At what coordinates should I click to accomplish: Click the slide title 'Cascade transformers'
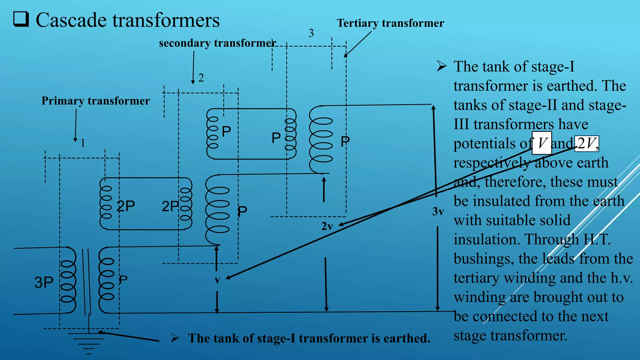pos(127,20)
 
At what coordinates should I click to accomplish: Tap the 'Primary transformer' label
pos(96,101)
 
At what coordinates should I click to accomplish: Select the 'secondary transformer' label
pos(217,43)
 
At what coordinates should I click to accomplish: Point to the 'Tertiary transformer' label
pos(390,23)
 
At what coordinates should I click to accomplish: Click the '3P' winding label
pos(44,282)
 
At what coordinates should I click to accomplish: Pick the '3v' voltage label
pos(438,212)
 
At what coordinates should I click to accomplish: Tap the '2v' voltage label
pos(327,226)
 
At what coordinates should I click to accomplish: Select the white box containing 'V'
pos(542,143)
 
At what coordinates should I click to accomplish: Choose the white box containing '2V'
pos(587,143)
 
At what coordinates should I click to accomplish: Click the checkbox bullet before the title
pos(21,19)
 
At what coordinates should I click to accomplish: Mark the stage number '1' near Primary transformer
pos(83,143)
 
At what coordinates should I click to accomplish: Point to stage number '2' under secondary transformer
pos(201,78)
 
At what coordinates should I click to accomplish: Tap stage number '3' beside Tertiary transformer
pos(311,33)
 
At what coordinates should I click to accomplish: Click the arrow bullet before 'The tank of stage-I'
pos(442,66)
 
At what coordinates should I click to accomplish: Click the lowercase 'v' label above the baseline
pos(217,280)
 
